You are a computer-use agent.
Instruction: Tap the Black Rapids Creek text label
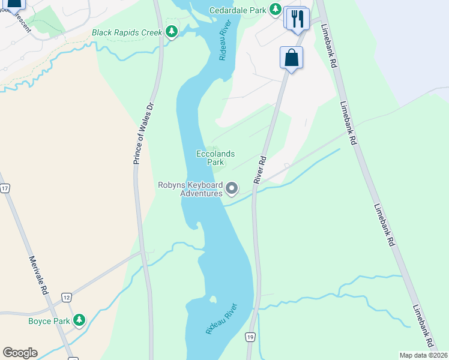pyautogui.click(x=127, y=32)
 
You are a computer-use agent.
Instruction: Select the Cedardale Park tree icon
pyautogui.click(x=275, y=10)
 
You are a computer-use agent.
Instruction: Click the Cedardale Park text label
pyautogui.click(x=238, y=10)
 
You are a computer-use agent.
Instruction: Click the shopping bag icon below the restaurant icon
pyautogui.click(x=291, y=58)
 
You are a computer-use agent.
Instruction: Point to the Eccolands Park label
pyautogui.click(x=215, y=158)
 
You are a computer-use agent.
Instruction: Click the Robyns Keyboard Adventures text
pyautogui.click(x=190, y=190)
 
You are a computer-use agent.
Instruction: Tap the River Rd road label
pyautogui.click(x=259, y=170)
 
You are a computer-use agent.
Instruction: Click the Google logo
pyautogui.click(x=20, y=353)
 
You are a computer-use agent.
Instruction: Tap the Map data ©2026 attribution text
pyautogui.click(x=423, y=355)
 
